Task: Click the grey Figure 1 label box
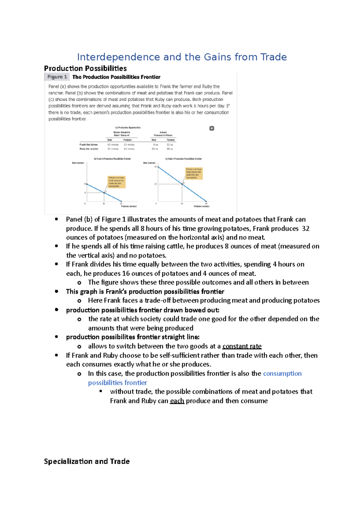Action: coord(57,77)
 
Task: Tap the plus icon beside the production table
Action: coord(212,128)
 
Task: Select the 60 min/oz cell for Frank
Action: coord(113,145)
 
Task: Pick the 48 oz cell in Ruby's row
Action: coord(170,149)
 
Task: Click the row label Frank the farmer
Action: coord(89,145)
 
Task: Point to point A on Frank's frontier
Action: coord(104,193)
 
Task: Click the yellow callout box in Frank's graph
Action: coord(116,182)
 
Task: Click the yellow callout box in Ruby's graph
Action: coord(194,173)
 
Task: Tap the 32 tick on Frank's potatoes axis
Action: coord(121,204)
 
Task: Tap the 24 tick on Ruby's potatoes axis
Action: coord(182,204)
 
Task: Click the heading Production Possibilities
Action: coord(85,68)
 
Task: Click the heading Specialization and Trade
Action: coord(87,461)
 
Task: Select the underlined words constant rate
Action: coord(242,346)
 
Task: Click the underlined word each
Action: coord(177,401)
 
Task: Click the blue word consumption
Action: coord(282,374)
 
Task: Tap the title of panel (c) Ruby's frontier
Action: coord(183,159)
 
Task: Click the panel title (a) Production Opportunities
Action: coord(128,128)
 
